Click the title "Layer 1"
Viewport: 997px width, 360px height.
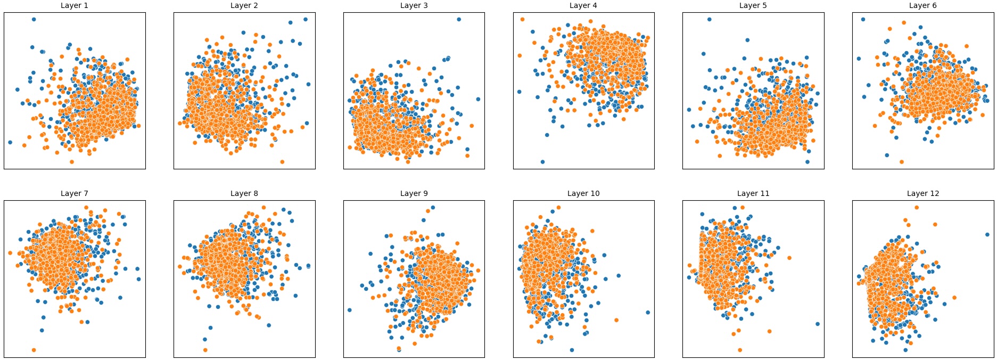[x=75, y=5]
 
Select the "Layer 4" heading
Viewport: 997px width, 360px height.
[x=583, y=5]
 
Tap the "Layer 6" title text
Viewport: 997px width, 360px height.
[x=922, y=5]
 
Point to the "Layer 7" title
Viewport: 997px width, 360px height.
[x=75, y=193]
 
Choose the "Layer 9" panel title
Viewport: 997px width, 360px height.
[x=414, y=193]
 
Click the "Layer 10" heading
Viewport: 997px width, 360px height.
[x=583, y=193]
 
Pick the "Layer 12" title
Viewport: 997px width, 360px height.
[x=922, y=193]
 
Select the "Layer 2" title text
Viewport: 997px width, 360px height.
[x=244, y=5]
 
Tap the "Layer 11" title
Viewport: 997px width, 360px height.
[x=753, y=193]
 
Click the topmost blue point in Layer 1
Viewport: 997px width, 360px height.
[x=34, y=19]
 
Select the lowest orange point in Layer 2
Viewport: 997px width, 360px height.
[x=282, y=162]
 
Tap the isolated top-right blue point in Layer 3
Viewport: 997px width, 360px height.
[x=459, y=19]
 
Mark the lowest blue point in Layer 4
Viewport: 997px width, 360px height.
[x=542, y=162]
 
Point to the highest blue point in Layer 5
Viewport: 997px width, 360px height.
[x=709, y=19]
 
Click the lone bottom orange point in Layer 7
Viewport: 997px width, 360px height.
[x=34, y=350]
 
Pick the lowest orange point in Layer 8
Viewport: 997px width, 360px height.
[x=205, y=350]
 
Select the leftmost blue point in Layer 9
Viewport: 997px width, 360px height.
[x=349, y=310]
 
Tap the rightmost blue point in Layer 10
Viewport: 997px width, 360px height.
[x=648, y=313]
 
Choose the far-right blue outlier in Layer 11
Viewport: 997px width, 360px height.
[x=818, y=324]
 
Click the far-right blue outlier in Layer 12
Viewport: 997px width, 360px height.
[x=987, y=234]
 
